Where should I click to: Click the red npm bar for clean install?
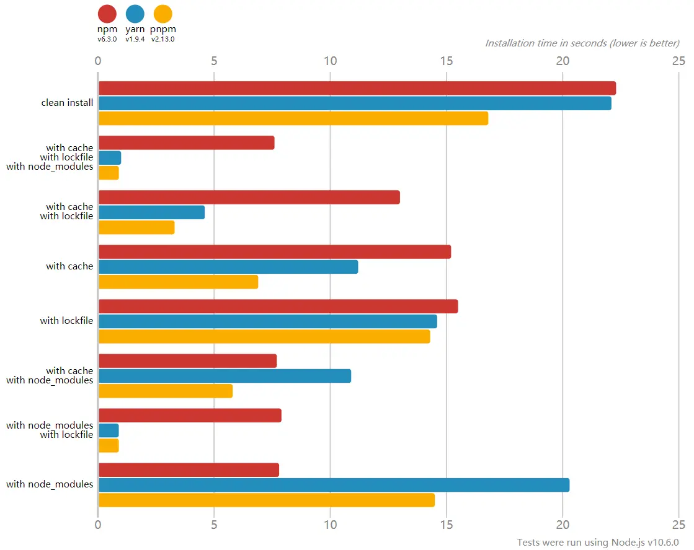click(x=357, y=88)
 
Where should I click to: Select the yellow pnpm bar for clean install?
click(x=293, y=118)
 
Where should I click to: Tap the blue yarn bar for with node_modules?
click(x=334, y=485)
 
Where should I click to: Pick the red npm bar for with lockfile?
click(x=278, y=307)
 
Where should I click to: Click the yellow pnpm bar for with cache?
click(x=178, y=282)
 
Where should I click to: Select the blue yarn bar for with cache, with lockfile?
click(x=151, y=212)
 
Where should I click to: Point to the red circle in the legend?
click(x=107, y=14)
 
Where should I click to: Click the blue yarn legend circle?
click(x=135, y=14)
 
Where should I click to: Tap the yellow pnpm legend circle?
click(x=162, y=14)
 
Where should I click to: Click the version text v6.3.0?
click(x=107, y=39)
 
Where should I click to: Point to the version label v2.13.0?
click(x=163, y=39)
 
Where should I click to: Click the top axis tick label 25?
click(x=678, y=61)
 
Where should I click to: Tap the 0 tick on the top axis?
click(x=98, y=61)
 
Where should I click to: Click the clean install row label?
click(x=67, y=103)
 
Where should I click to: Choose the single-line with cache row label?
click(x=69, y=266)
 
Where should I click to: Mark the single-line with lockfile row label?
click(x=66, y=321)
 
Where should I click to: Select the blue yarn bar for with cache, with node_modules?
click(x=225, y=376)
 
